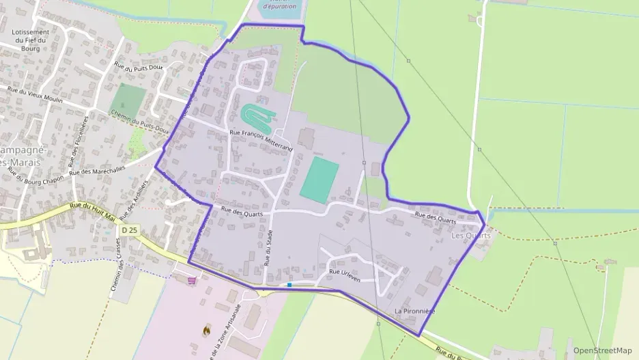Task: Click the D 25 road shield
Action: (x=129, y=230)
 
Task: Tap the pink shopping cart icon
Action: (x=193, y=279)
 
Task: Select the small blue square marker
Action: (x=290, y=285)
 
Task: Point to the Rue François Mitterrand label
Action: (x=261, y=139)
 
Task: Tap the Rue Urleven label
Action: (x=345, y=272)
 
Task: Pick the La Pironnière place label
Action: (x=414, y=311)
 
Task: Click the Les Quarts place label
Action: (x=471, y=235)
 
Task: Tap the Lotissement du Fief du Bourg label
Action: (x=31, y=40)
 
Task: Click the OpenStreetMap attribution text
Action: (x=602, y=350)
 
